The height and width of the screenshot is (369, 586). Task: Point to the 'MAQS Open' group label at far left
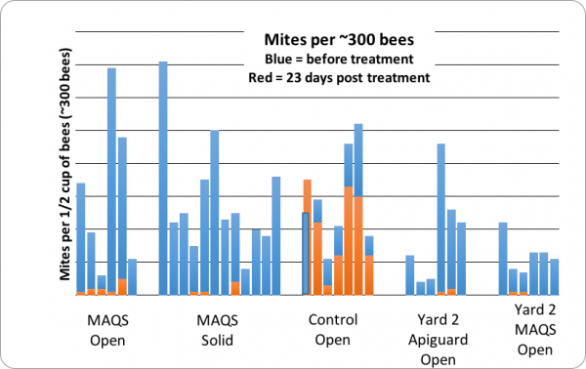(x=106, y=330)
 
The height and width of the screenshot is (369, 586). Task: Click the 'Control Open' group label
(x=332, y=330)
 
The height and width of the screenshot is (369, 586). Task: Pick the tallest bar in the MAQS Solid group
(x=163, y=176)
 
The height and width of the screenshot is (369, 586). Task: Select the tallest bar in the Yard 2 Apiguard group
(x=441, y=217)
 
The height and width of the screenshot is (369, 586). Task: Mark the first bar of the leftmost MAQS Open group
(x=81, y=237)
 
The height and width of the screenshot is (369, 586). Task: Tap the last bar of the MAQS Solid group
(x=276, y=234)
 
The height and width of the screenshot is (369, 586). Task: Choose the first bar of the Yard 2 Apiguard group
(x=410, y=273)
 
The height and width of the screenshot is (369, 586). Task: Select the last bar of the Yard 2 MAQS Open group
(x=554, y=275)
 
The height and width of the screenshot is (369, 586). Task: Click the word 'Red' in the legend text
(x=260, y=77)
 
